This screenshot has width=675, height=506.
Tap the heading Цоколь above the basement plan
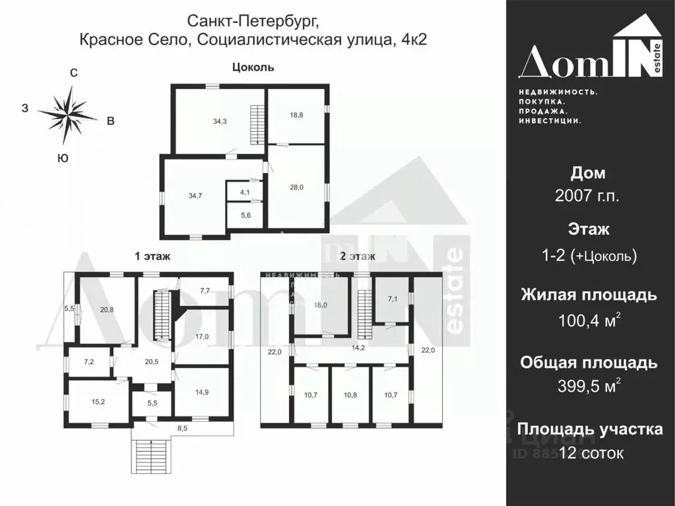(253, 67)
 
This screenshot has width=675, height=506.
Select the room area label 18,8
(296, 114)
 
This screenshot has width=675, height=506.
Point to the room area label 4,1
(245, 193)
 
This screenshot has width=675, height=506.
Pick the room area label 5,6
(245, 214)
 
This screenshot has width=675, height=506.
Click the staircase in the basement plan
(256, 125)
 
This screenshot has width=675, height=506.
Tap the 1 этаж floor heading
(153, 257)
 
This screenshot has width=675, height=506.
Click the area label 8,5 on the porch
(183, 429)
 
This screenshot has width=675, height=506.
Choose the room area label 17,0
(201, 335)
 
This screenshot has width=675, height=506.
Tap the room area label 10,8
(350, 396)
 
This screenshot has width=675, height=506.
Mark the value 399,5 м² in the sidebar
(588, 386)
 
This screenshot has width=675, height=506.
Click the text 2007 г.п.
(587, 196)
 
